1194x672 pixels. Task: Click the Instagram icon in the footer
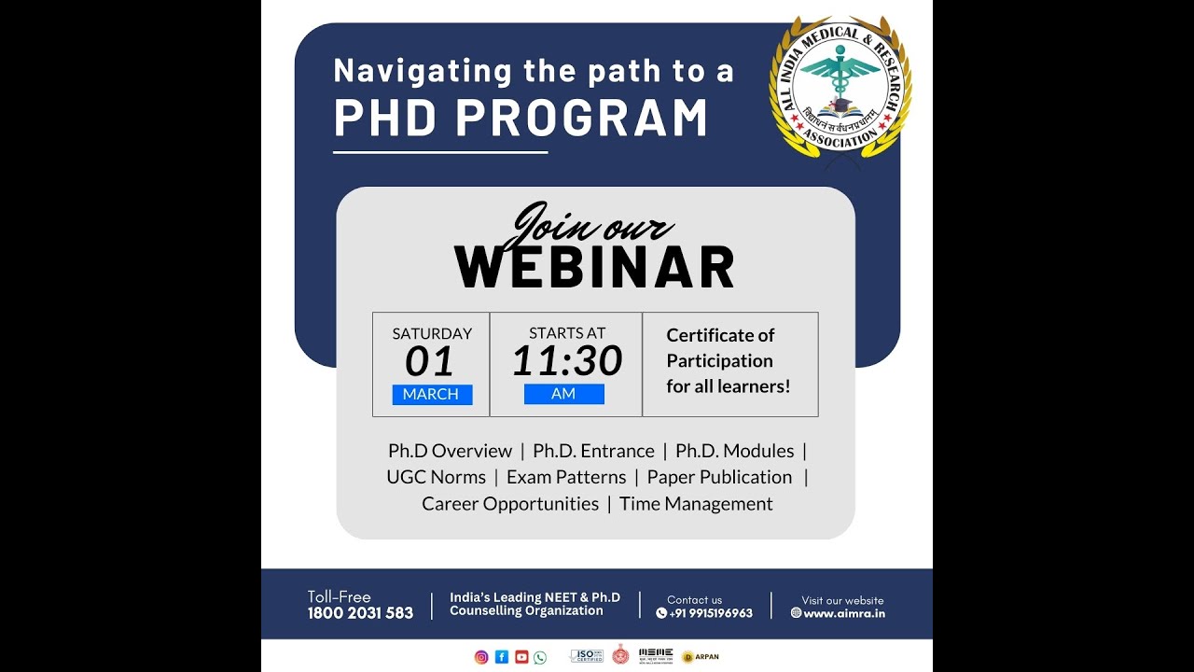(x=481, y=657)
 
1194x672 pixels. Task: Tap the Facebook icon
(x=502, y=657)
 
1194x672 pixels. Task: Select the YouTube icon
(x=521, y=657)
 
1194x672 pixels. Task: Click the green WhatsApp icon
(x=540, y=657)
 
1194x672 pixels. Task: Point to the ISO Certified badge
(x=586, y=656)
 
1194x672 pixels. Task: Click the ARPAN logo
(x=701, y=657)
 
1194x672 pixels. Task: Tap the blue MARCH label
(x=431, y=395)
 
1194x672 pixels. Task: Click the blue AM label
(x=563, y=395)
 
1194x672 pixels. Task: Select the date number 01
(x=430, y=362)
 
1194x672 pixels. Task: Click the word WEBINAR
(x=594, y=268)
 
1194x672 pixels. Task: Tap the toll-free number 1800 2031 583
(x=360, y=613)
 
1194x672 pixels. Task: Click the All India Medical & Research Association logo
(x=840, y=87)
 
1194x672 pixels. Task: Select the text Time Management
(x=696, y=504)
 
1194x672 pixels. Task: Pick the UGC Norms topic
(x=436, y=477)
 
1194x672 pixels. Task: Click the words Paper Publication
(x=719, y=477)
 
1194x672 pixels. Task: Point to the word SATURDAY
(x=432, y=333)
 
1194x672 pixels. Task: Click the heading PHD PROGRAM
(x=521, y=119)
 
